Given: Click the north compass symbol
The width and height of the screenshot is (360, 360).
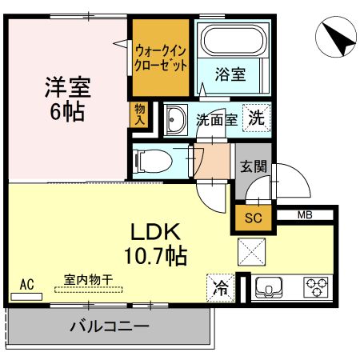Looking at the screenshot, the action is (x=336, y=37).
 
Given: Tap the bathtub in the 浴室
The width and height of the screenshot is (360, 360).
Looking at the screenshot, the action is (x=234, y=40).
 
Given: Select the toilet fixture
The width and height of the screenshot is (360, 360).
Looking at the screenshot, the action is (x=153, y=161).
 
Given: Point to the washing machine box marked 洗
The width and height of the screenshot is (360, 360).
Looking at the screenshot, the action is (x=256, y=118).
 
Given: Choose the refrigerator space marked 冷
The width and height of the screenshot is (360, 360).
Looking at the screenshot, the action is (x=221, y=288).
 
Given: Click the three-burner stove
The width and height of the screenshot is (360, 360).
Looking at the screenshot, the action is (x=316, y=287).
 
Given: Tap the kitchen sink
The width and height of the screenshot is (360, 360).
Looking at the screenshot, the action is (x=269, y=287).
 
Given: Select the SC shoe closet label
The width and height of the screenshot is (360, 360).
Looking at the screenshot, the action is (x=254, y=218).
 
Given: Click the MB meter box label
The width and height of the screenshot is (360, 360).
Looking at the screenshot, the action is (x=305, y=215).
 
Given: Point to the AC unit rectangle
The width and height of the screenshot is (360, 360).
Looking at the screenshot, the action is (x=26, y=297).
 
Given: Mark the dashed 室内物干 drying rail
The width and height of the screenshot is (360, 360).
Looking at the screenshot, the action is (x=89, y=290).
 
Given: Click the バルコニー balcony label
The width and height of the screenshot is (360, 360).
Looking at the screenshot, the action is (x=110, y=326).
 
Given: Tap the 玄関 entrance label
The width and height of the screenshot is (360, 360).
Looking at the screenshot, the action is (x=254, y=166).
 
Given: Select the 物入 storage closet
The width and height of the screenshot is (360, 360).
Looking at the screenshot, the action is (x=139, y=114).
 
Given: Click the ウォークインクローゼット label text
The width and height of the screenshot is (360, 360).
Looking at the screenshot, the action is (x=161, y=58).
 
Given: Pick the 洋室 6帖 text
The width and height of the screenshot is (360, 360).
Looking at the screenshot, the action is (x=68, y=99).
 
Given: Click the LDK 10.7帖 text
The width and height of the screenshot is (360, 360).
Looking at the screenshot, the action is (x=155, y=245).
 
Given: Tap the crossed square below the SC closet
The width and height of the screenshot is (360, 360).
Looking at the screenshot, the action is (x=251, y=252).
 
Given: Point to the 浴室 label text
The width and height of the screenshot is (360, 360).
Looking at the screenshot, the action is (x=230, y=74).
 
